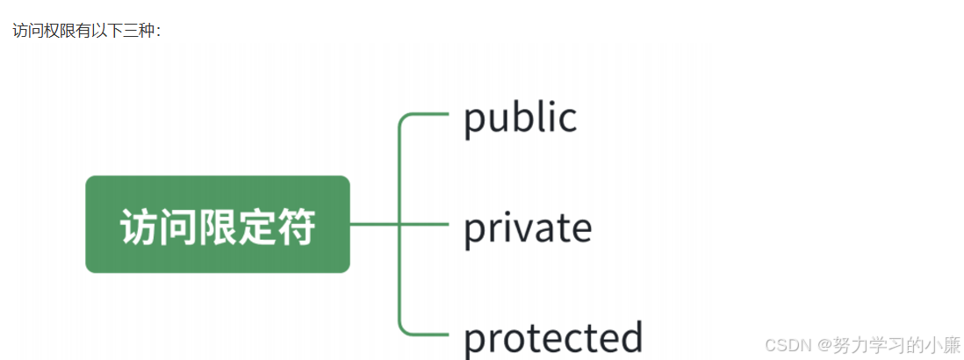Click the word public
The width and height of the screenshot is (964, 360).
point(520,119)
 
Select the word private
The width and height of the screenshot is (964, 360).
point(527,227)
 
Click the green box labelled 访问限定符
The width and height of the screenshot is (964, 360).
point(218,224)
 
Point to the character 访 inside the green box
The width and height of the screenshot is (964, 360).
point(140,227)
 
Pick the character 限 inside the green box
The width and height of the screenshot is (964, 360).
point(218,227)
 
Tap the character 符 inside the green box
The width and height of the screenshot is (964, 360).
point(296,227)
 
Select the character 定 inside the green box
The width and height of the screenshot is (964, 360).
point(257,227)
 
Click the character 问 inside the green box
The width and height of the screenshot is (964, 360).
point(178,227)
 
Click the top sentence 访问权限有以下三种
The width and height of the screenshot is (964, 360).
point(86,31)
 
